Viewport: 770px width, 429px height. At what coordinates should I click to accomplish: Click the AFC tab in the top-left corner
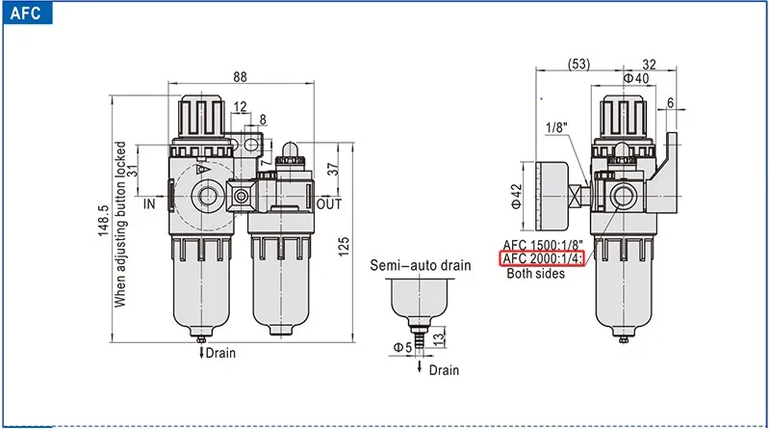(26, 13)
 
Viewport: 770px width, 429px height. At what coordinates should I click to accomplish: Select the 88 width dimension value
(240, 77)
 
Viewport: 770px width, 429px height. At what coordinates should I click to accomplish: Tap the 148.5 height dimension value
(103, 221)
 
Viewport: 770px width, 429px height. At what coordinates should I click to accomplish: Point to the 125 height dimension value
(344, 246)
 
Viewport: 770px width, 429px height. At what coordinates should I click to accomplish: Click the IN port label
(149, 203)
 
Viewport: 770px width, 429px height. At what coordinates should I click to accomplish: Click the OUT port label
(328, 203)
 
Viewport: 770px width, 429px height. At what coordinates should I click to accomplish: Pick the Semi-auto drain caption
(421, 266)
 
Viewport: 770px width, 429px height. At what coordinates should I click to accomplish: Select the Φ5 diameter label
(402, 347)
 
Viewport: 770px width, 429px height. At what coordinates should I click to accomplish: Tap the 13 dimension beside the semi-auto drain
(439, 337)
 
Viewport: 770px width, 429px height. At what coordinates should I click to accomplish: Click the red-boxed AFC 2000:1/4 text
(542, 258)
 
